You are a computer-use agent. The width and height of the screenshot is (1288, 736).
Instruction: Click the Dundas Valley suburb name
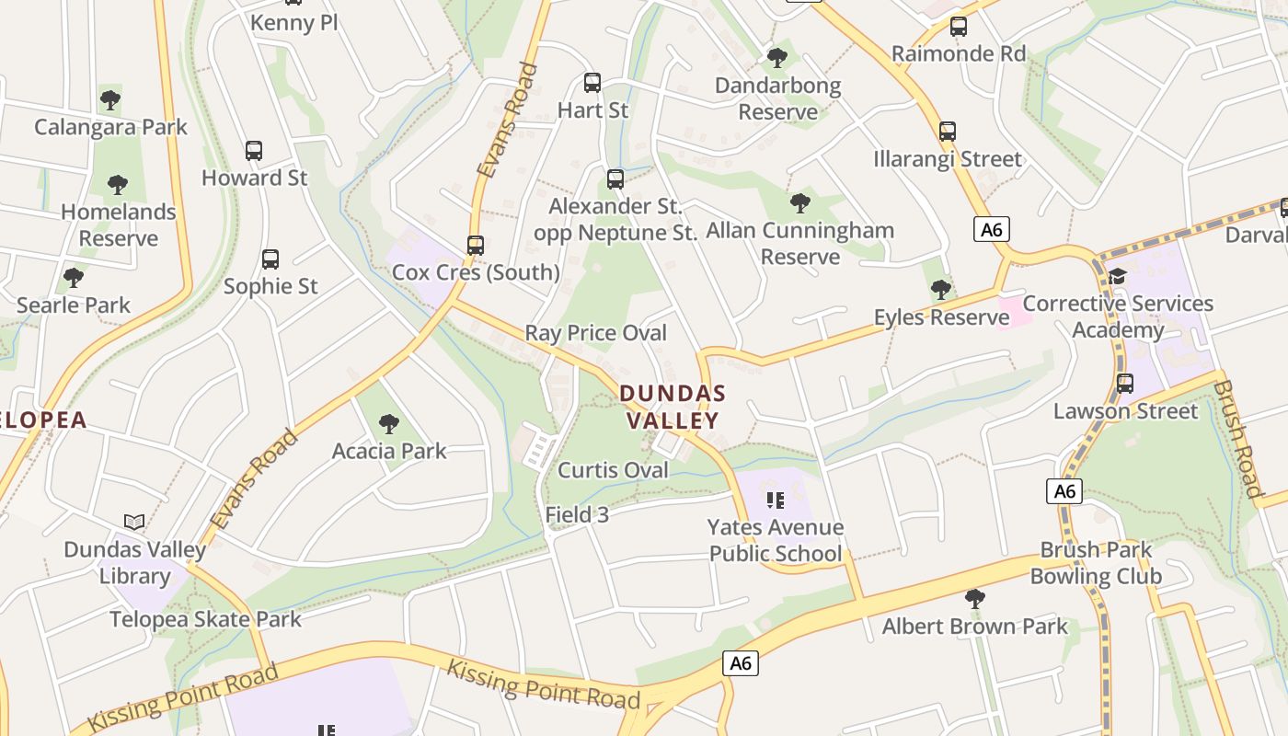(x=673, y=407)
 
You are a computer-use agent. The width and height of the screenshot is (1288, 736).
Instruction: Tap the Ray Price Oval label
(x=595, y=332)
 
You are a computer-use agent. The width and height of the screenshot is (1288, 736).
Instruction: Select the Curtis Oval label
(x=613, y=470)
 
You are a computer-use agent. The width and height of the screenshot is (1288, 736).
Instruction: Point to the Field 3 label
(x=577, y=515)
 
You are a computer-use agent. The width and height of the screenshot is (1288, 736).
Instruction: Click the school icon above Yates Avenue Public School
(x=776, y=500)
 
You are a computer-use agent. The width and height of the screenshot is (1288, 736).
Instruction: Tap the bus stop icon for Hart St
(x=592, y=83)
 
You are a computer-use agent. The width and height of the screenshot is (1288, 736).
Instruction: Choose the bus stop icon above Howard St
(x=254, y=150)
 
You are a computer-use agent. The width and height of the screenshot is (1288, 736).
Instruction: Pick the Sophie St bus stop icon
(x=270, y=259)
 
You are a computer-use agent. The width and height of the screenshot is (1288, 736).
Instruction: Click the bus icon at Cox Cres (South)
(x=476, y=246)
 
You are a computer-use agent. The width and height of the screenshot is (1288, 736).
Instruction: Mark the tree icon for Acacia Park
(x=389, y=424)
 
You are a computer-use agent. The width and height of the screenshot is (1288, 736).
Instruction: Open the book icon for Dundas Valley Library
(x=134, y=523)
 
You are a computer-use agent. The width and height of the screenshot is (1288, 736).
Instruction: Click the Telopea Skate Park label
(x=205, y=619)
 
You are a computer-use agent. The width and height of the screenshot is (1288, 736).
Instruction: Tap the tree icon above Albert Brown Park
(x=975, y=600)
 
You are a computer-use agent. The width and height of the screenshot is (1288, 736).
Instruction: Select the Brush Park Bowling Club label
(x=1096, y=563)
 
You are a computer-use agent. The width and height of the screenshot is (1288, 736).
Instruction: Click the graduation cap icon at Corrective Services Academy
(x=1118, y=276)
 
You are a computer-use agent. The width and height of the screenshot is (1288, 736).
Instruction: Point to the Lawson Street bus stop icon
(x=1125, y=384)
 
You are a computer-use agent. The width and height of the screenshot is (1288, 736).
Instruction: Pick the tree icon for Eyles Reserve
(x=940, y=291)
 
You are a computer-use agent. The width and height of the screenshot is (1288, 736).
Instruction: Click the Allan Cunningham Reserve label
(x=800, y=243)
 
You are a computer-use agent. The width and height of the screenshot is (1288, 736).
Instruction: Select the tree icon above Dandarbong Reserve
(x=777, y=58)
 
